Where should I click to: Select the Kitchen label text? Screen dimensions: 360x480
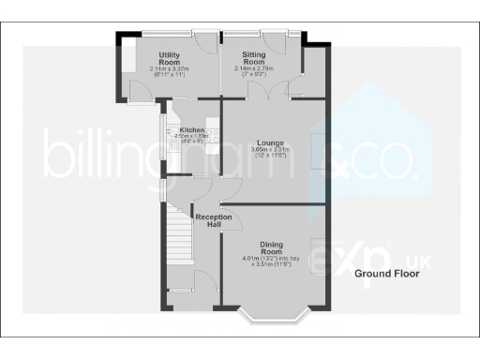tap(192, 130)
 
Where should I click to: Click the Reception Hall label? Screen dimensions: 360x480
tap(214, 220)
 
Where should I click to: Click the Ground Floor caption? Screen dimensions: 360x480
tap(385, 275)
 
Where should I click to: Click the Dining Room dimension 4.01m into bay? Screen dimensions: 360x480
tap(272, 259)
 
